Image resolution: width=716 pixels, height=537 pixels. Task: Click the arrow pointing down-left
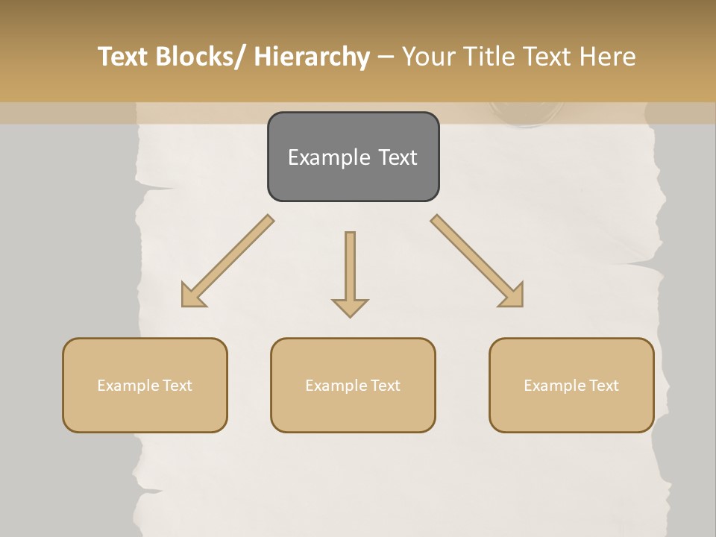(227, 261)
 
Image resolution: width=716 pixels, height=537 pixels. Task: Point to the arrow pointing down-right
(477, 261)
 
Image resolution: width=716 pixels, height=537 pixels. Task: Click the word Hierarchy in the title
(312, 57)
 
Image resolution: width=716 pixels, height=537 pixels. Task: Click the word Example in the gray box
(328, 157)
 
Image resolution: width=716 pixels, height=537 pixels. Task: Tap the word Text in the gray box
(397, 157)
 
